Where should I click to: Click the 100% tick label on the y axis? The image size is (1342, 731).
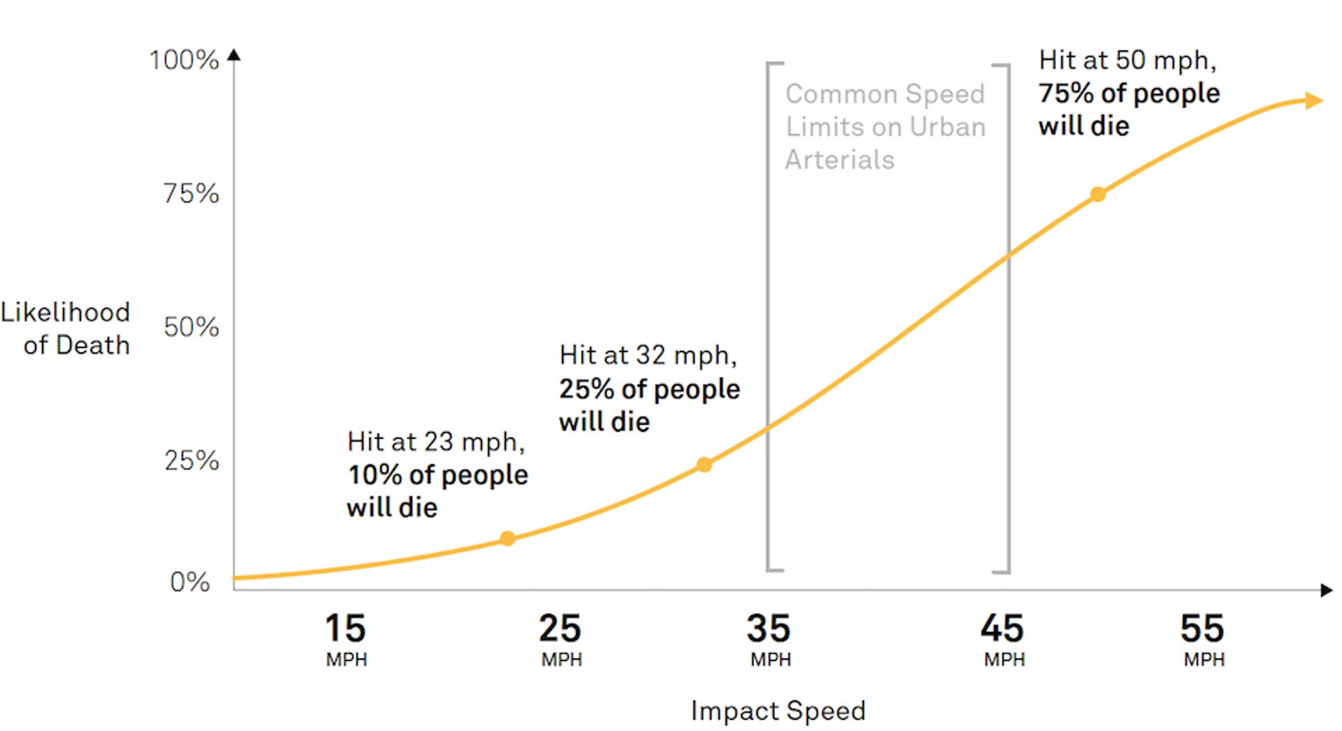[x=184, y=60]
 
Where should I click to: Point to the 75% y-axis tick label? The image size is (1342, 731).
[x=191, y=193]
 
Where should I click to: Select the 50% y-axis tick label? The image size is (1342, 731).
[x=191, y=326]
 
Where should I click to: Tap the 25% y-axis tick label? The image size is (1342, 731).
[x=191, y=460]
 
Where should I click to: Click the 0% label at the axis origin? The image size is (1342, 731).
[x=190, y=582]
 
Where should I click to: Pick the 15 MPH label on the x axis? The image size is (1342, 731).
[x=345, y=639]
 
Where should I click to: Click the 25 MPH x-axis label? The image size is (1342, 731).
[x=560, y=639]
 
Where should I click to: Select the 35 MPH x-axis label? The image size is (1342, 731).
[x=769, y=639]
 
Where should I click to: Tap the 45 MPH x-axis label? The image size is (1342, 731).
[x=1003, y=639]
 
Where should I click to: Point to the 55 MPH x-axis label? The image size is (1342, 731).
[x=1202, y=639]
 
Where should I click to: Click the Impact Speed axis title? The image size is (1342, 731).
[x=778, y=710]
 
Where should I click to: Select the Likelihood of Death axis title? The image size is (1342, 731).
[x=67, y=328]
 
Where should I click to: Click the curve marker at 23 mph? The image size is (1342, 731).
[x=508, y=538]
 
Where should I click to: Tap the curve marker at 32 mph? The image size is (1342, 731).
[x=704, y=464]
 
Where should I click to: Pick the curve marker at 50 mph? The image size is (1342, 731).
[x=1098, y=194]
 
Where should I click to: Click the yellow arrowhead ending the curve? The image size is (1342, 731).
[x=1314, y=101]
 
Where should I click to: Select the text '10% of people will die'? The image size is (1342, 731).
[x=437, y=491]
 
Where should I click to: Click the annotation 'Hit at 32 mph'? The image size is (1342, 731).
[x=648, y=355]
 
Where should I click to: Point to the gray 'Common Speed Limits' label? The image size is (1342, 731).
[x=884, y=126]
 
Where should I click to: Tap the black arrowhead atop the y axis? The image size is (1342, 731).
[x=234, y=55]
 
